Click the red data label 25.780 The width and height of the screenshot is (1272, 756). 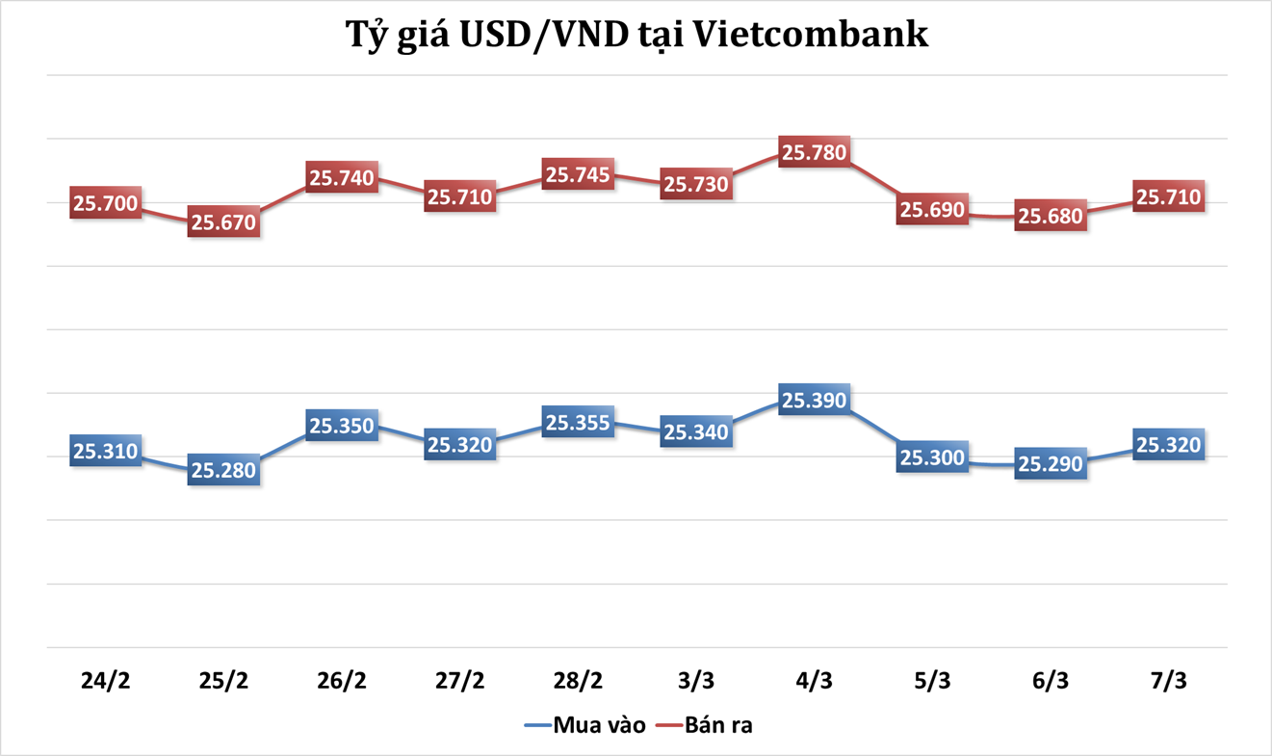814,152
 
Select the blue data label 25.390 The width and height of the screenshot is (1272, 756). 814,401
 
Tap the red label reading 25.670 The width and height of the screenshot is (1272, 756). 223,222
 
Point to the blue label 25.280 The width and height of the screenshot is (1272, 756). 223,471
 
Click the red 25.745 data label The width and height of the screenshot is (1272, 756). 578,174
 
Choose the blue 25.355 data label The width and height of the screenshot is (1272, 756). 578,423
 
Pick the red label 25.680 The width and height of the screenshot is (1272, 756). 1051,216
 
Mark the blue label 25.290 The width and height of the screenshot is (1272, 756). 1051,464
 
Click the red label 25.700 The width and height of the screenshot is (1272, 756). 106,203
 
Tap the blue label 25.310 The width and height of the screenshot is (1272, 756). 106,451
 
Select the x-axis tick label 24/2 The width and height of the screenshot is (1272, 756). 106,680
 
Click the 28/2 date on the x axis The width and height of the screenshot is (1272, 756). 578,680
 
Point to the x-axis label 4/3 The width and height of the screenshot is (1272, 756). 814,680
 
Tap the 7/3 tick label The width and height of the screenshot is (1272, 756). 1168,680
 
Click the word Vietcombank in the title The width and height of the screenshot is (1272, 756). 811,35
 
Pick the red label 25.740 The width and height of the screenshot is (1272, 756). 342,177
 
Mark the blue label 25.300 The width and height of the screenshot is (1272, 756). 932,457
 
